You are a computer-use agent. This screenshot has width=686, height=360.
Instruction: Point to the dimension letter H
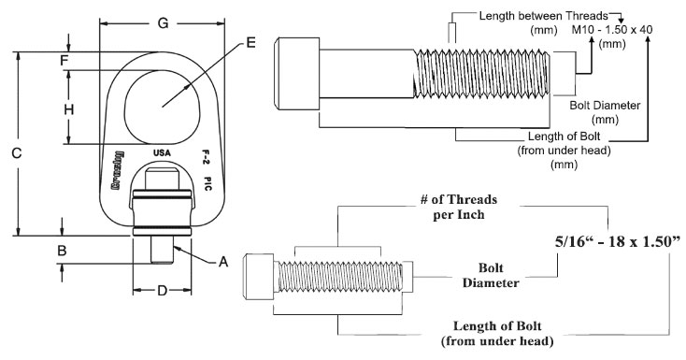tap(67, 109)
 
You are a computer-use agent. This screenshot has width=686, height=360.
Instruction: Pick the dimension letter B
tap(62, 251)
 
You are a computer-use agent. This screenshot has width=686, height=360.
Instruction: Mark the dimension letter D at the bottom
tap(161, 291)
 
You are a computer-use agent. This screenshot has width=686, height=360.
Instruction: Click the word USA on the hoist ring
tap(161, 151)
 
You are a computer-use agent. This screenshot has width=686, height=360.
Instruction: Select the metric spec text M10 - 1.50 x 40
tap(612, 29)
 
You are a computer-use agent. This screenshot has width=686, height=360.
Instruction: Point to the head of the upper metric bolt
tap(298, 71)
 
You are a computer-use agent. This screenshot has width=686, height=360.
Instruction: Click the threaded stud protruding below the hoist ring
tap(162, 251)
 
